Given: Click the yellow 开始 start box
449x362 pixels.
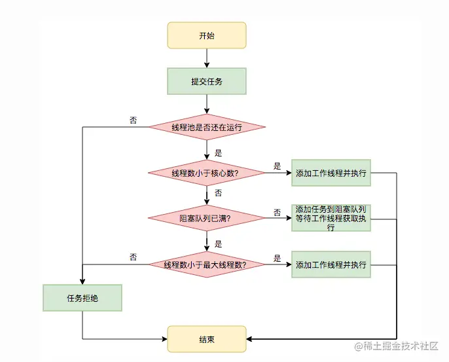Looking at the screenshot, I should tap(207, 35).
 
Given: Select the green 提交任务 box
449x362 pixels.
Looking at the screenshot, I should tap(207, 82).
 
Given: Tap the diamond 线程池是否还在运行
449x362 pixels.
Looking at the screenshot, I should tap(207, 127).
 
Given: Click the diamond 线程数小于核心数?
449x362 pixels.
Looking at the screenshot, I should tap(207, 173).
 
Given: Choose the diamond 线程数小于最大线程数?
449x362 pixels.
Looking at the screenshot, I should tap(207, 265).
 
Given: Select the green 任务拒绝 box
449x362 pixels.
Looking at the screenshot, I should tap(82, 298).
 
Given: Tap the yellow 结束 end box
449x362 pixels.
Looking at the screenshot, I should tap(207, 339).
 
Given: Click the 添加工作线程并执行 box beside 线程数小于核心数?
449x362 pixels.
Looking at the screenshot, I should tap(331, 173).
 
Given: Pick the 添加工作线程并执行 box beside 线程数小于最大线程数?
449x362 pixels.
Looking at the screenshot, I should tap(331, 265).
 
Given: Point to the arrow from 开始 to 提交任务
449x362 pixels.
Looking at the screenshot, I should tap(207, 58).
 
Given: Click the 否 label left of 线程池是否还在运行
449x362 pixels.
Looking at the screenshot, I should tap(134, 120).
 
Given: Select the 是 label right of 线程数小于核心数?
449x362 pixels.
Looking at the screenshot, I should tap(278, 166).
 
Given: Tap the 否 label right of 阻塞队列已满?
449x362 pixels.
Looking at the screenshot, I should tap(278, 212).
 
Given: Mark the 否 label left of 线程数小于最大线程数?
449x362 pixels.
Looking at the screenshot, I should tap(134, 257).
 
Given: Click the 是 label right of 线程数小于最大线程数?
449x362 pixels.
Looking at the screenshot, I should tap(278, 258).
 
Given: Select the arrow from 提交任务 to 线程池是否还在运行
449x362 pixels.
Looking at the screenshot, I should tap(207, 103).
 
